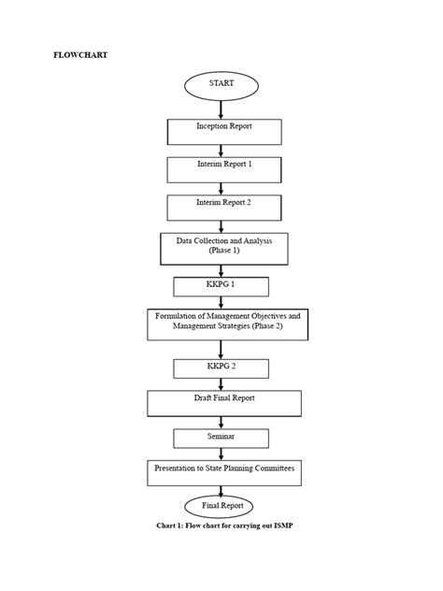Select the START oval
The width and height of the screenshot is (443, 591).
[222, 84]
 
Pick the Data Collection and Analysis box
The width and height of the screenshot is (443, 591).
[224, 248]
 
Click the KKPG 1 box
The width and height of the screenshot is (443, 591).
[221, 285]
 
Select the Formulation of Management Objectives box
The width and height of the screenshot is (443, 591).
[227, 324]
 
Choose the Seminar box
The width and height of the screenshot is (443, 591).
[221, 438]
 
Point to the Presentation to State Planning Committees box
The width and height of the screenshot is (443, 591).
[226, 471]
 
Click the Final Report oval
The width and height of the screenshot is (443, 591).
[222, 505]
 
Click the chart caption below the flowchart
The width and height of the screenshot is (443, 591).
[229, 526]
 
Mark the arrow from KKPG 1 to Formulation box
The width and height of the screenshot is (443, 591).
[221, 302]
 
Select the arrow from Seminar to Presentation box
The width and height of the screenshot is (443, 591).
[221, 453]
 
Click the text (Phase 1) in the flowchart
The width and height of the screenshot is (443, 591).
[223, 252]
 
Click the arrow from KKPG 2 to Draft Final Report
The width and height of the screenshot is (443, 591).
[221, 382]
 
